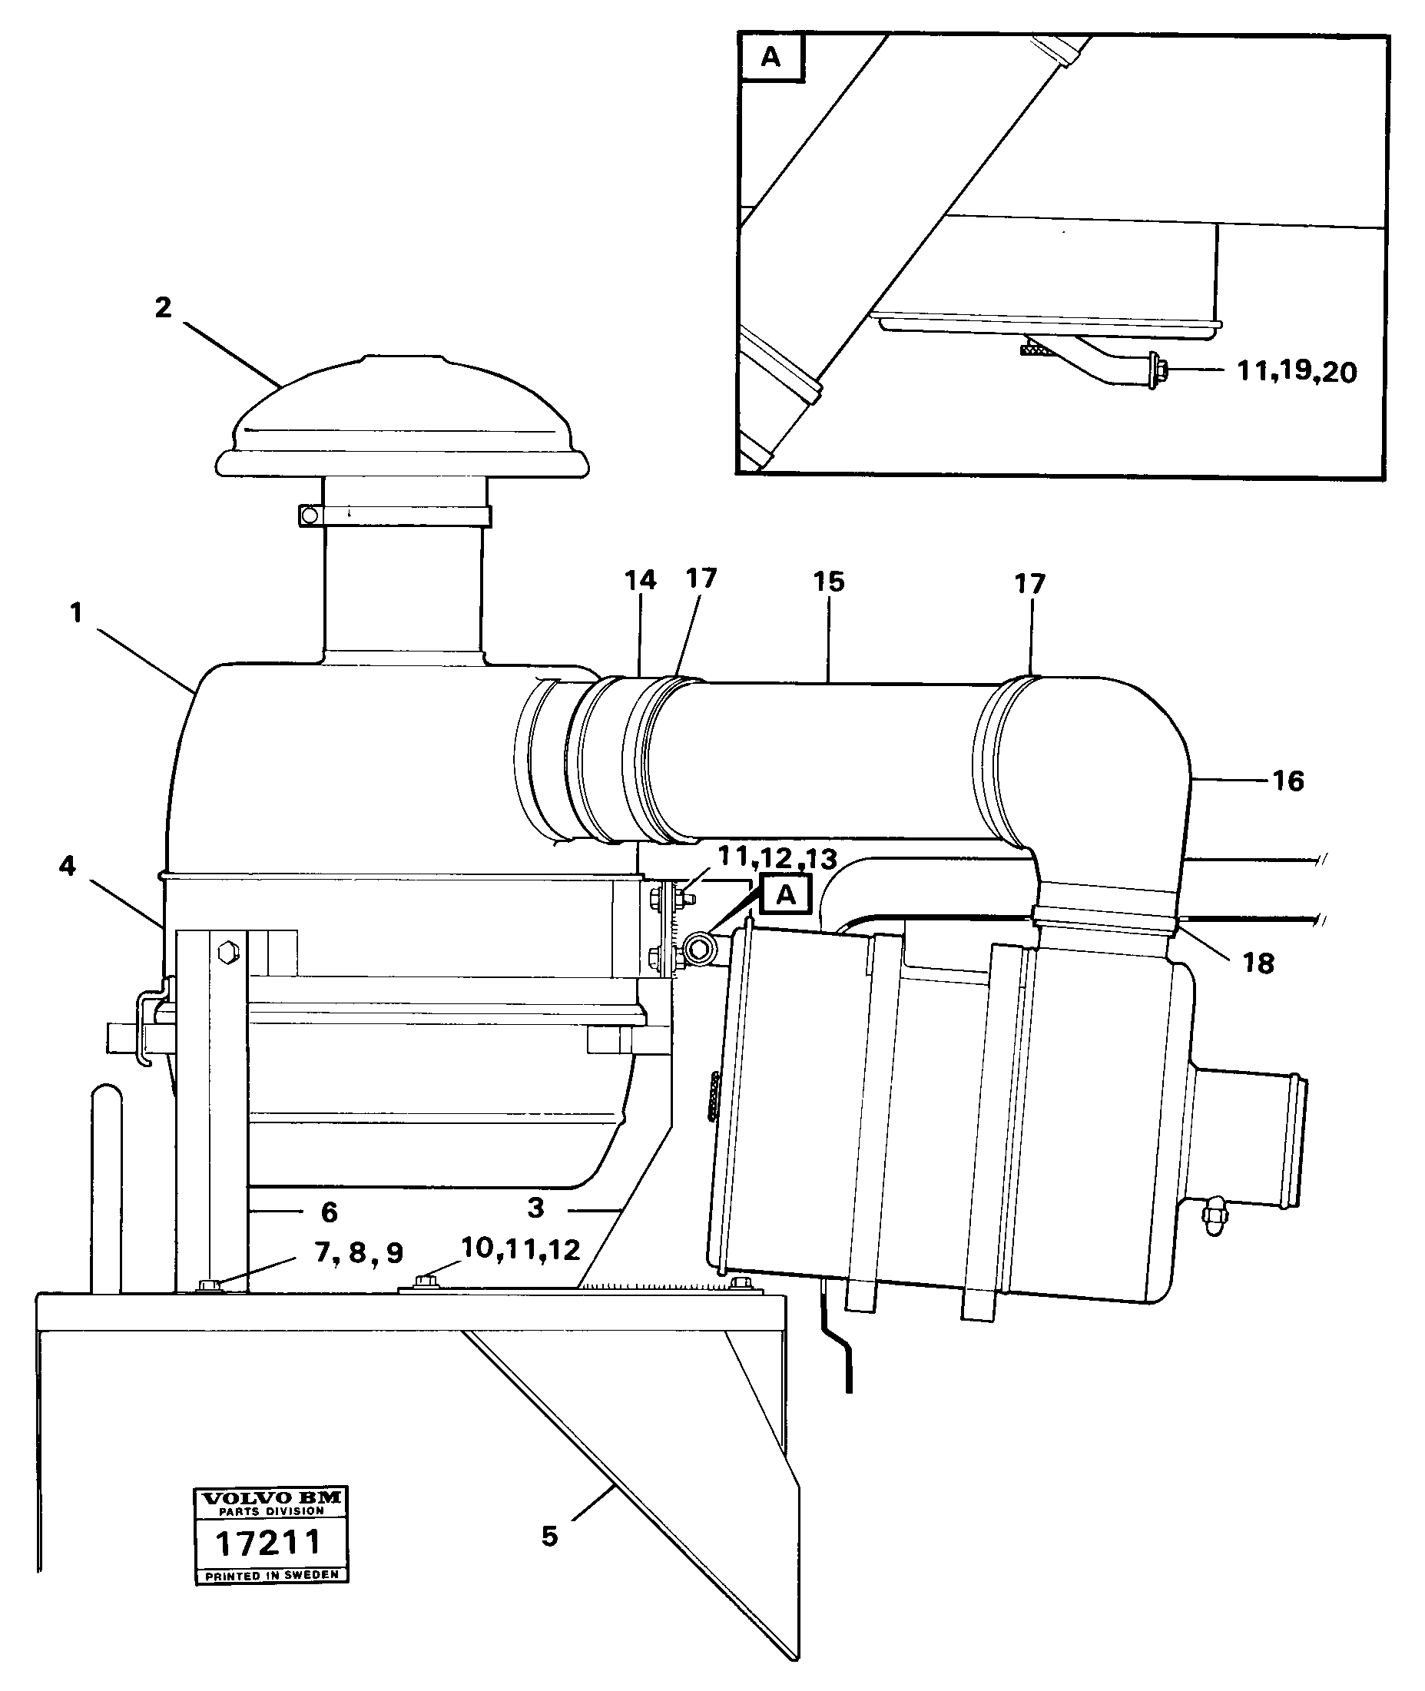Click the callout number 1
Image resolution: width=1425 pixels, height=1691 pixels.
pos(76,613)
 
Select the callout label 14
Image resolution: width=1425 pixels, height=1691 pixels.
pos(640,580)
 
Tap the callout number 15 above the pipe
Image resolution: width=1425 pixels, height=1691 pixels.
pos(829,582)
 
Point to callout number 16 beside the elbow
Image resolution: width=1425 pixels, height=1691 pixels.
pos(1288,781)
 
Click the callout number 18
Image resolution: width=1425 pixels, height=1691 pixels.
pos(1258,963)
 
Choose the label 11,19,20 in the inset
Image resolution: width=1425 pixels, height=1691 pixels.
pos(1297,373)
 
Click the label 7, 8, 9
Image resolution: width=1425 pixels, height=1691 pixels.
pos(359,1252)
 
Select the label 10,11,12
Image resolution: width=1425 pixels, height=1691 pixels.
pos(520,1249)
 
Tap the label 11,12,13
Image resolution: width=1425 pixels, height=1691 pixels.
pos(777,858)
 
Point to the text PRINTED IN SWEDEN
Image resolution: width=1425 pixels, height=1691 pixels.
pos(271,1576)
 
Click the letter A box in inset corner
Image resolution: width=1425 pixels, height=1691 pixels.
pos(771,58)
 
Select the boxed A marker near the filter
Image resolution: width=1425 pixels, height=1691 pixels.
pos(785,895)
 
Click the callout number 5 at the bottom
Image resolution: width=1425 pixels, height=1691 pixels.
pos(549,1536)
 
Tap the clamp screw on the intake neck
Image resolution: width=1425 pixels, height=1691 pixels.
pos(308,515)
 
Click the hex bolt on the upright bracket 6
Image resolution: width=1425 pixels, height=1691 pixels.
pos(226,952)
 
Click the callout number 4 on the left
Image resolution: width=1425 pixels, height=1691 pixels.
pos(67,866)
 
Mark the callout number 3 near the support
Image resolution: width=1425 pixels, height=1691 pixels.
pos(535,1208)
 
